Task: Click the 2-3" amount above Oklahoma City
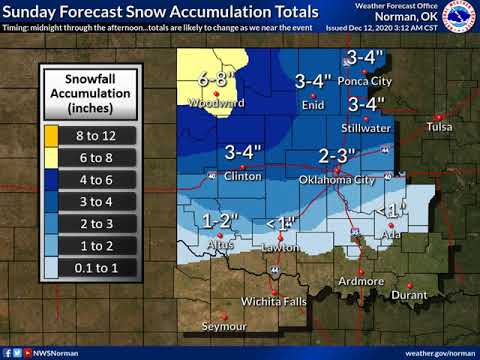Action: click(337, 155)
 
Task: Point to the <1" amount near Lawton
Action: click(282, 222)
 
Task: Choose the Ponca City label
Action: click(365, 81)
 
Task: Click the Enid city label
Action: click(312, 104)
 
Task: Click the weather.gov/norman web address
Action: click(440, 353)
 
